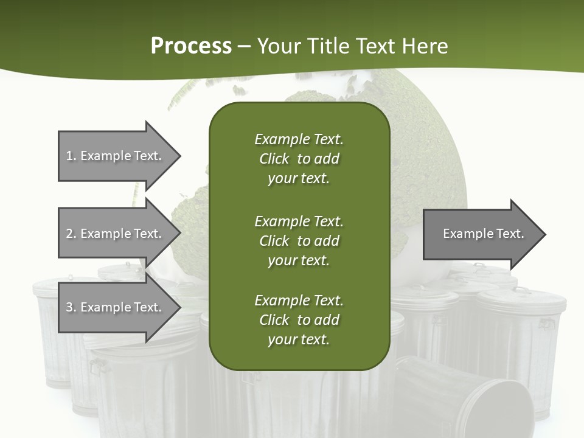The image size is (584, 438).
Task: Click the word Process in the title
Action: coord(191,46)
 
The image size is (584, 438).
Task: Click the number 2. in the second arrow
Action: coord(71,234)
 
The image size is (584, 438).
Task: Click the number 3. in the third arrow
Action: coord(71,307)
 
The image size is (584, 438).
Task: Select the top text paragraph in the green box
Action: coord(299,159)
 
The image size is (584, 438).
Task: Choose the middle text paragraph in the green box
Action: coord(299,240)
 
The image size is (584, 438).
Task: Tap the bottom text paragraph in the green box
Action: coord(299,320)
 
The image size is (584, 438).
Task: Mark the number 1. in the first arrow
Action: coord(71,156)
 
